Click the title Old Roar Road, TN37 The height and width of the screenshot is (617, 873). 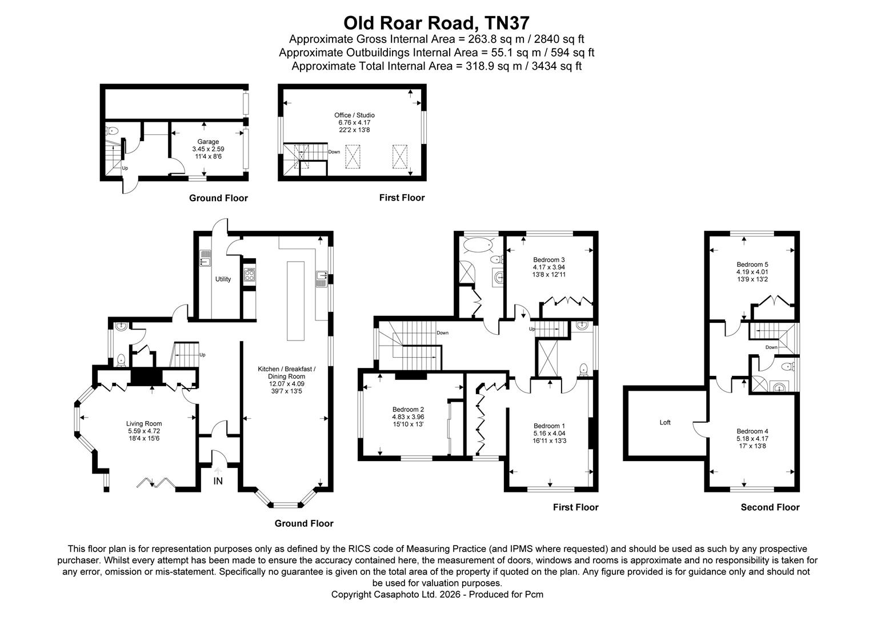click(x=436, y=23)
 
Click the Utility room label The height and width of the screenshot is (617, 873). click(x=223, y=279)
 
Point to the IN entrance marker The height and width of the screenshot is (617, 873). click(x=218, y=482)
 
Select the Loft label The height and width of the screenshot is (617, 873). click(x=665, y=423)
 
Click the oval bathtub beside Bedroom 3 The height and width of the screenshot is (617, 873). click(x=477, y=246)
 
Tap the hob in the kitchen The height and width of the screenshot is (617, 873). click(x=250, y=276)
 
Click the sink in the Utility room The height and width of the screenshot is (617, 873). click(x=205, y=259)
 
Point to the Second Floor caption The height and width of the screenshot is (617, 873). click(x=770, y=507)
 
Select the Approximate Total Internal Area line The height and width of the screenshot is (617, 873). click(x=436, y=66)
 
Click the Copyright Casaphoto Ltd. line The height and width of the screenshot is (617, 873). click(x=436, y=595)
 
